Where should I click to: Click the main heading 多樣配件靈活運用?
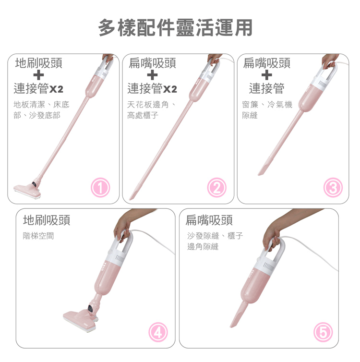[x=175, y=28]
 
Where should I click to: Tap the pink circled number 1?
[x=100, y=187]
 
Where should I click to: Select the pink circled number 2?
[x=216, y=187]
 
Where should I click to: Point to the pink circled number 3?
[x=333, y=187]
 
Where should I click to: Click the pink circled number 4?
[x=158, y=332]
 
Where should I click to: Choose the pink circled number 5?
[x=323, y=332]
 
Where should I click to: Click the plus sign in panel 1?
[x=38, y=75]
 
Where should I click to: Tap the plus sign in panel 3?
[x=266, y=75]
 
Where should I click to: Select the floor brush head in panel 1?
[x=28, y=190]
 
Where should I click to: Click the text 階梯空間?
[x=38, y=236]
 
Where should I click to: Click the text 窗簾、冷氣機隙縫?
[x=267, y=109]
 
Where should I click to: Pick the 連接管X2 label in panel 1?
[x=38, y=89]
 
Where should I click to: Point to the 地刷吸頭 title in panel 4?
[x=47, y=220]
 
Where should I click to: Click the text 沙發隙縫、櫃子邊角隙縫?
[x=215, y=241]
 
